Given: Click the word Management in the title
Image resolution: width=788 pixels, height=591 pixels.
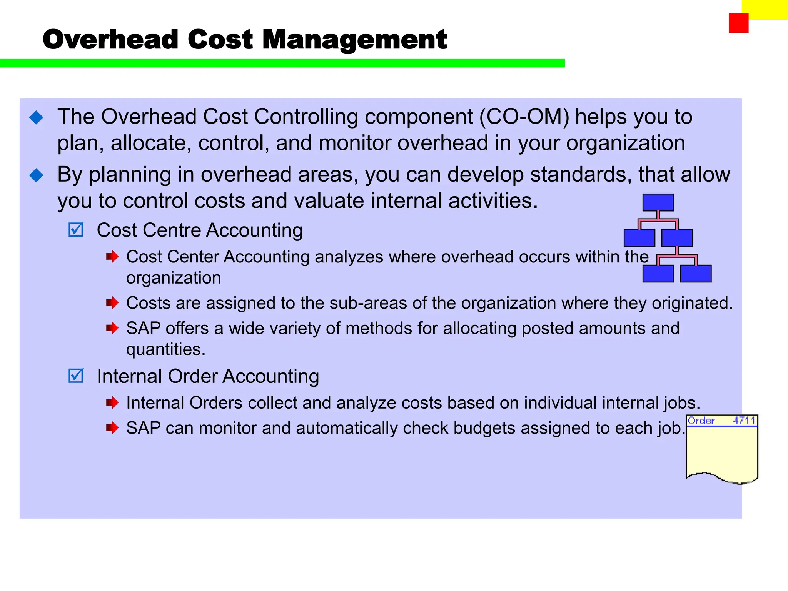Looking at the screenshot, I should (x=354, y=40).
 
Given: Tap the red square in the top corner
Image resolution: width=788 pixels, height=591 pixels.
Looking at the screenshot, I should (x=738, y=23).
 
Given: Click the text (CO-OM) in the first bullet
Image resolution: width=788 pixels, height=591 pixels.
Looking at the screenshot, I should (x=524, y=117).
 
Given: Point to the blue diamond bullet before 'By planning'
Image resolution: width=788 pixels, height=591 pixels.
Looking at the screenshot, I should (x=37, y=175).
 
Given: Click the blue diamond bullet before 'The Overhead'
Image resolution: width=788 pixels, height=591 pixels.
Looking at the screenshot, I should (x=37, y=117).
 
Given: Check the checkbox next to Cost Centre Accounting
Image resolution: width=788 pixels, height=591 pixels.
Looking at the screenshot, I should (x=76, y=230).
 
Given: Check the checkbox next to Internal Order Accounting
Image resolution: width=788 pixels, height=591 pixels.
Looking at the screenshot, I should (x=76, y=376).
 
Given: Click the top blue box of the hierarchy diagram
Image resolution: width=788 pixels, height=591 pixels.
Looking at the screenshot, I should (x=658, y=202).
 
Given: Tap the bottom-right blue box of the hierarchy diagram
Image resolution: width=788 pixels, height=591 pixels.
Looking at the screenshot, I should (x=696, y=274).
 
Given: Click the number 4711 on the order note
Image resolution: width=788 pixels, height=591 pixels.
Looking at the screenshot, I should (x=744, y=421).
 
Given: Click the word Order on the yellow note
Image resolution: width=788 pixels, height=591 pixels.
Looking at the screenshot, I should (x=701, y=421).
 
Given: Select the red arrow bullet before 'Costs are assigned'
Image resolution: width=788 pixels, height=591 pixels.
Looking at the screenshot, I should (x=112, y=303).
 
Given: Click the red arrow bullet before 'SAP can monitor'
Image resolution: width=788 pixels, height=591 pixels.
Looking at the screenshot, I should (x=112, y=428).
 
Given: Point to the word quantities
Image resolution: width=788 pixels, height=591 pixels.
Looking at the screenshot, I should (x=165, y=349).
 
